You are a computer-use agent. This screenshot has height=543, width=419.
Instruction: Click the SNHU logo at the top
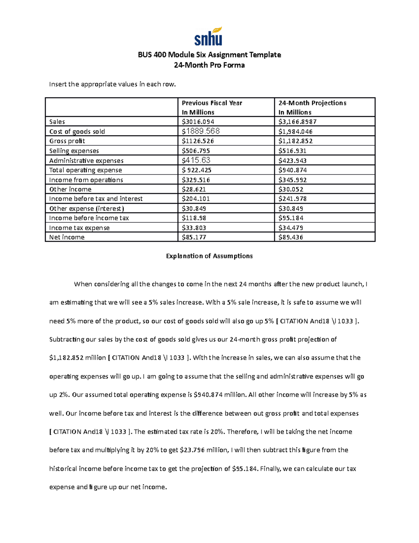tap(208, 37)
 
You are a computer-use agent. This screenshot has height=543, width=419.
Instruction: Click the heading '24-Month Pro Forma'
tap(209, 65)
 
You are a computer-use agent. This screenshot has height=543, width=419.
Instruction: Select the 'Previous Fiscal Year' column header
tap(212, 103)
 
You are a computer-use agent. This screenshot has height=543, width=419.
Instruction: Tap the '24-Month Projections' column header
tap(312, 103)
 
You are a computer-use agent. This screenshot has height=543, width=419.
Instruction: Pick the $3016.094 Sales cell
tap(198, 122)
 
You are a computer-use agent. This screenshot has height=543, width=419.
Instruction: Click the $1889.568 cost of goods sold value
tap(201, 131)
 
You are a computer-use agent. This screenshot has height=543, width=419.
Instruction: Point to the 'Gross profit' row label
tap(67, 141)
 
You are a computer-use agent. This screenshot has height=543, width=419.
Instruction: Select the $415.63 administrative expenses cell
tap(196, 160)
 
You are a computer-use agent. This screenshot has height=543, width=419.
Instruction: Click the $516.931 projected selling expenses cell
tap(292, 151)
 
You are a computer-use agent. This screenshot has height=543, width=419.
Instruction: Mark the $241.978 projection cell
tap(292, 199)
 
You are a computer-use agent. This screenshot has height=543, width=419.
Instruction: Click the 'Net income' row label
tap(67, 237)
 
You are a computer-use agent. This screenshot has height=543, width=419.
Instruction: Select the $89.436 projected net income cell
tap(291, 237)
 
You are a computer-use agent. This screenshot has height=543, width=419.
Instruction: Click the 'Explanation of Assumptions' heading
tap(209, 256)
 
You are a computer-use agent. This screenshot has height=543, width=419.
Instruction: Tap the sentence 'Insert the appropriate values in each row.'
tap(112, 84)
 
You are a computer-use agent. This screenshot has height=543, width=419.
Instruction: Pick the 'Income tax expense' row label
tap(79, 228)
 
